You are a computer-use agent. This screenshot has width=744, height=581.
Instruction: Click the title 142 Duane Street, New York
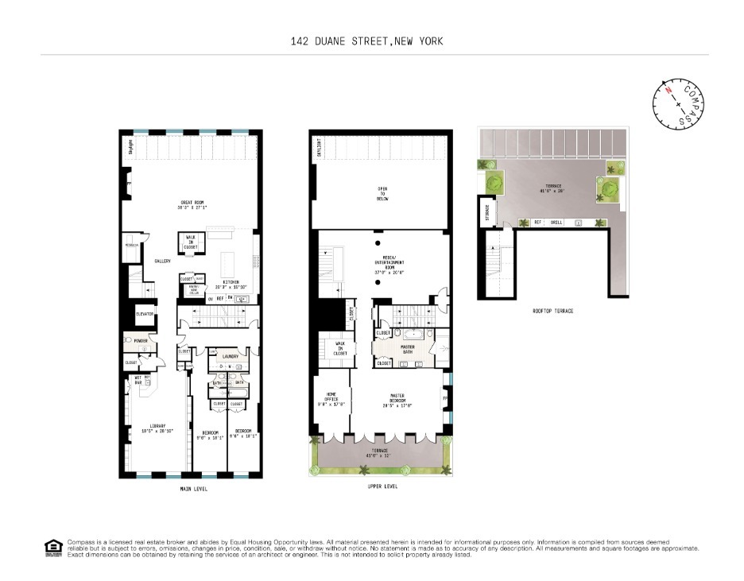372,41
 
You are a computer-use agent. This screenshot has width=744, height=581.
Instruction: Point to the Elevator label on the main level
145,314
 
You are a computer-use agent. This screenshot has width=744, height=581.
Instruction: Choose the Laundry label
231,357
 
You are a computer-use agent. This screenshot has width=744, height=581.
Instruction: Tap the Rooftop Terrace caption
553,311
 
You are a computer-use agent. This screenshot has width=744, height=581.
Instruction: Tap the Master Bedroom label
399,399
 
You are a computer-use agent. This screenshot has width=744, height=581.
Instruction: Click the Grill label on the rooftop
556,223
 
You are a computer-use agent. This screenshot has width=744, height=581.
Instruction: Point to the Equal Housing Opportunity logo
52,546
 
